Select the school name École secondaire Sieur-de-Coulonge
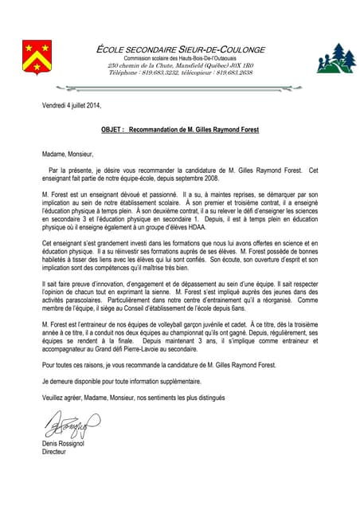[x=180, y=49]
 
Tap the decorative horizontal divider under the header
[x=180, y=84]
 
